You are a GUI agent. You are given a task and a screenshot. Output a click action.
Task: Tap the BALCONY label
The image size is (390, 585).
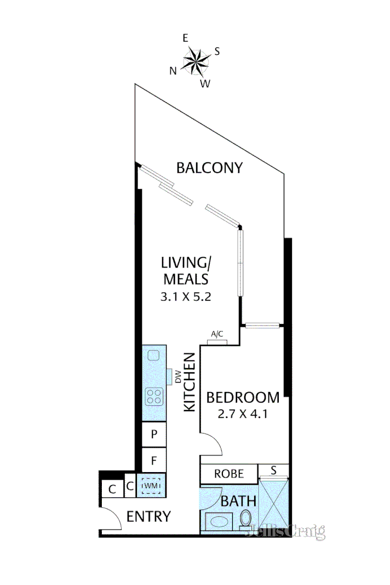[209, 168]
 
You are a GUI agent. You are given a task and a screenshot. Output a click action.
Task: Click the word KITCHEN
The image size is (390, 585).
[189, 382]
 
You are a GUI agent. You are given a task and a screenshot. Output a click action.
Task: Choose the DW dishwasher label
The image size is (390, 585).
[178, 376]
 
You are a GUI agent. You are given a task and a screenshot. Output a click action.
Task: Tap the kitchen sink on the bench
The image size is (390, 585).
[153, 355]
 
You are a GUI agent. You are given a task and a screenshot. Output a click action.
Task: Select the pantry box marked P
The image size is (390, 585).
[154, 434]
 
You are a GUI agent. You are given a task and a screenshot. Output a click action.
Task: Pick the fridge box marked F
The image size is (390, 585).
[154, 460]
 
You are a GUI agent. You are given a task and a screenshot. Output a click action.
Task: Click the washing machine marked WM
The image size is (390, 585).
[151, 486]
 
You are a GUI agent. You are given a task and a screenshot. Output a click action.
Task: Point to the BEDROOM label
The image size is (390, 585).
[243, 397]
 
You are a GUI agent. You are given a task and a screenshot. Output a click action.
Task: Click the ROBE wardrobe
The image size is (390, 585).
[228, 473]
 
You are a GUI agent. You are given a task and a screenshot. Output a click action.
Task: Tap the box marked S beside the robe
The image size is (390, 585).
[273, 470]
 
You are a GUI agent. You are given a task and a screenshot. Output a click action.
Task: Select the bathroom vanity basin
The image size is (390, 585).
[219, 521]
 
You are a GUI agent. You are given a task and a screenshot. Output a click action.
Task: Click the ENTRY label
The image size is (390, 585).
[148, 516]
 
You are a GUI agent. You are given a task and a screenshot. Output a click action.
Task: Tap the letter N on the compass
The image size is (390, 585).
[173, 70]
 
